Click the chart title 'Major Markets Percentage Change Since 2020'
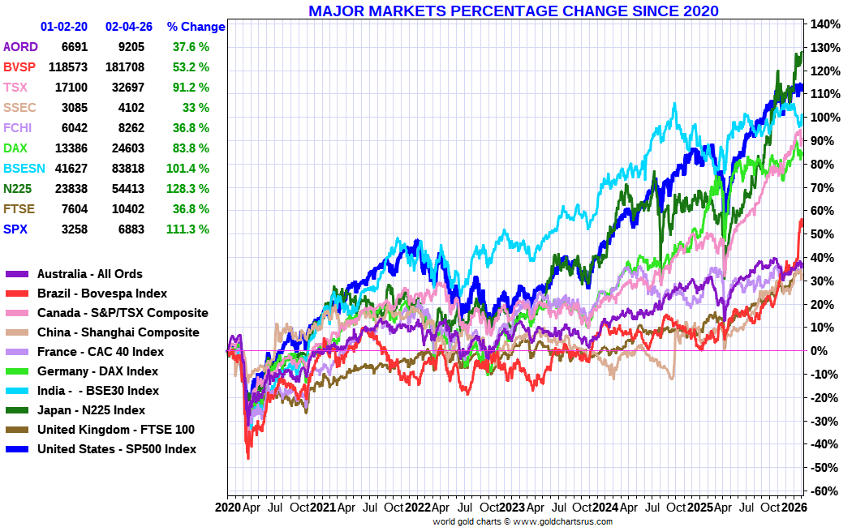513,11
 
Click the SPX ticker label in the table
15,229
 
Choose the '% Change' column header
196,27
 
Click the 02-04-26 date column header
129,27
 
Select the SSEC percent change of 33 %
196,108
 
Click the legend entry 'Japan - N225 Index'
91,410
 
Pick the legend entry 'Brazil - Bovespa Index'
102,293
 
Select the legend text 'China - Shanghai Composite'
118,332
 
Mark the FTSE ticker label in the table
19,209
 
